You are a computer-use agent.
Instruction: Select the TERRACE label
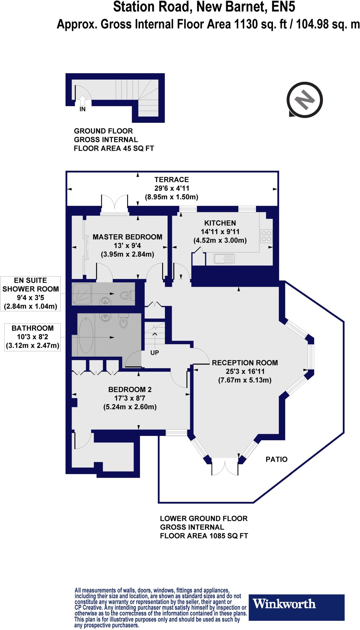[171, 179]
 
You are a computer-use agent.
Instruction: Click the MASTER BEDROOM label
[127, 237]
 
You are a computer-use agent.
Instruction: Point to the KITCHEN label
[220, 223]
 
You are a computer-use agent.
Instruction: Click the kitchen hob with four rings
[266, 236]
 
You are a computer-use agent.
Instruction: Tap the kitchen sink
[224, 259]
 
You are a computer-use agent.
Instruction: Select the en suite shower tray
[82, 294]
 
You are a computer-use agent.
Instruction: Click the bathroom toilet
[123, 322]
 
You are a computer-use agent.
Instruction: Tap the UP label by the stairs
[154, 353]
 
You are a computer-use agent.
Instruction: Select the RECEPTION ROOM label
[245, 363]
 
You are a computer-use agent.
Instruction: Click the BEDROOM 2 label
[130, 389]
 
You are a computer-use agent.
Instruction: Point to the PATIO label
[276, 459]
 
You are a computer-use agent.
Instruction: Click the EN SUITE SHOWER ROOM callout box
[30, 293]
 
